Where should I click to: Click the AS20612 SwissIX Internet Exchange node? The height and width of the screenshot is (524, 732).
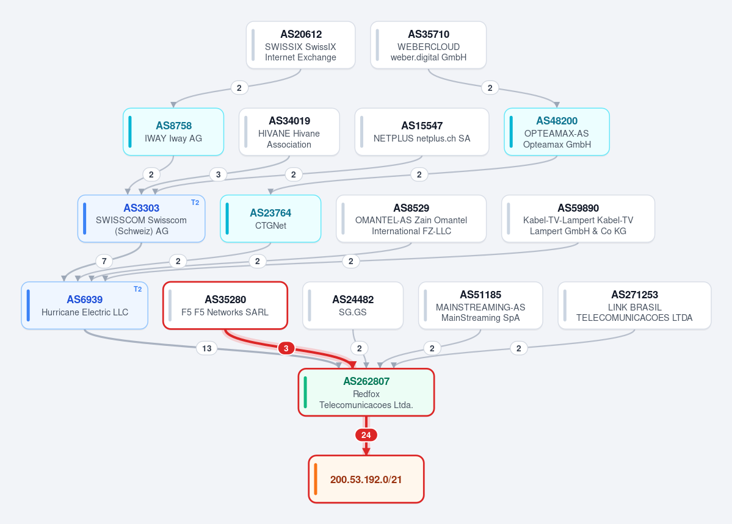coord(300,45)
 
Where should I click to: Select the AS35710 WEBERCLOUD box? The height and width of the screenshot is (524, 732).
coord(429,45)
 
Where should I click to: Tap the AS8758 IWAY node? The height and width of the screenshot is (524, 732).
coord(173,132)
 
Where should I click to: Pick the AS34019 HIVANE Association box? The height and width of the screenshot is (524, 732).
coord(289,132)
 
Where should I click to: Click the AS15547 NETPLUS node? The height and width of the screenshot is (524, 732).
coord(422,132)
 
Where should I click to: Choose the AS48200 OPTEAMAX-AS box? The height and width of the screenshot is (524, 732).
coord(557,132)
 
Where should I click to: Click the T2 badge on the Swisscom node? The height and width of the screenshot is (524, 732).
coord(195,203)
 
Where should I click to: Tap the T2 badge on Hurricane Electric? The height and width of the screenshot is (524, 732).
coord(138,289)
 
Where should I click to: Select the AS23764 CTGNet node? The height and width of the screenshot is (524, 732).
coord(270,219)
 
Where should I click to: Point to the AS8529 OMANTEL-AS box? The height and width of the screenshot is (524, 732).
coord(411,219)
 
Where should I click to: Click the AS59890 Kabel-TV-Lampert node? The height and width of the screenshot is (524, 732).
coord(578,219)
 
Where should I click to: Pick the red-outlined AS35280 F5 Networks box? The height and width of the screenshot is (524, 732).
coord(225,306)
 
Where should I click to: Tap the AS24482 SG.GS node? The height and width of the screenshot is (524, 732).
coord(353,306)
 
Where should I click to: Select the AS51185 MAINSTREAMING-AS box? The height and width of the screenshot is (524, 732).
coord(480,306)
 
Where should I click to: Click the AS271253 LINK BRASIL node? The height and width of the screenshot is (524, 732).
coord(634,306)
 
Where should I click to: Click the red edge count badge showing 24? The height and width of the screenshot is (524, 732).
coord(366,436)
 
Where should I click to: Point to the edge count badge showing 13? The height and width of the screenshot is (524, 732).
coord(207,348)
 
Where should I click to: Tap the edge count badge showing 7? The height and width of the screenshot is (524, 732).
coord(104,261)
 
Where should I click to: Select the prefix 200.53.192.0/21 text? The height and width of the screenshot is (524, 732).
coord(366,479)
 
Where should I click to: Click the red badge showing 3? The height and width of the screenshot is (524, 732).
coord(286,348)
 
